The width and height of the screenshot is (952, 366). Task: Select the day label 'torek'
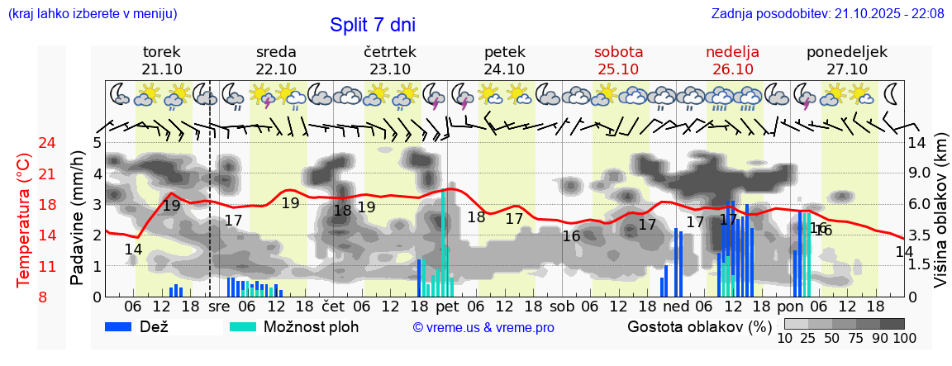[x=162, y=52]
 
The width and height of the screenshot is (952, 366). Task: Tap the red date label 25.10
[x=618, y=69]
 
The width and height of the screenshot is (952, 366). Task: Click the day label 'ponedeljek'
[x=847, y=52]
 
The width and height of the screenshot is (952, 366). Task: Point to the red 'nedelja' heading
[x=732, y=52]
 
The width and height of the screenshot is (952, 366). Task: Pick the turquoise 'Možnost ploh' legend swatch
[x=244, y=326]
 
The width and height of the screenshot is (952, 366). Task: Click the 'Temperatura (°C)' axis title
[x=24, y=220]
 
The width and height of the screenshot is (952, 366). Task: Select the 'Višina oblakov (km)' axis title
[x=940, y=220]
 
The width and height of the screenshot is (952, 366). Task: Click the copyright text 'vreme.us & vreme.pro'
[x=483, y=328]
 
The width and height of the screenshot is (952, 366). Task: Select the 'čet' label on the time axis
[x=333, y=306]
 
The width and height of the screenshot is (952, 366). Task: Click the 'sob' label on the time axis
[x=561, y=306]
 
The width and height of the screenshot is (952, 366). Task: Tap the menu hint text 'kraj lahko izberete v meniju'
[x=92, y=13]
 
